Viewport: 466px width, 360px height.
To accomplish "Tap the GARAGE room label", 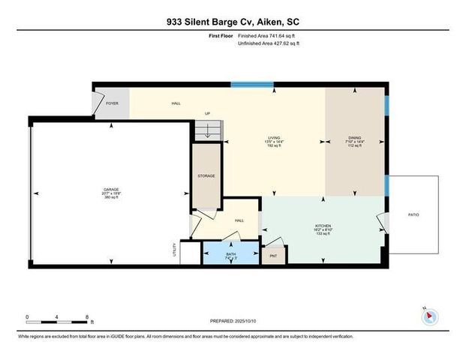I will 112,190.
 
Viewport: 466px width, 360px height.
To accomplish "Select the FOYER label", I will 112,103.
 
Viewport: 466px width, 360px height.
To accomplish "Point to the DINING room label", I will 354,138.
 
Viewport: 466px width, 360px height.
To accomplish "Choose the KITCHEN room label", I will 323,224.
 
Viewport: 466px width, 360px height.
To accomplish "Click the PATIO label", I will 413,215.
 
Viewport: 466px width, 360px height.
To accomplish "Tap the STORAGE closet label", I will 206,175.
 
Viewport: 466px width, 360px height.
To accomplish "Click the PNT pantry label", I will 274,255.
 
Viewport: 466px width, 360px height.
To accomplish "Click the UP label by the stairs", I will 207,114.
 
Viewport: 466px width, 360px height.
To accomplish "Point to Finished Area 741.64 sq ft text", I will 267,36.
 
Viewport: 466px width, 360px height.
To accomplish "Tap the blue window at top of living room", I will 246,84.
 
